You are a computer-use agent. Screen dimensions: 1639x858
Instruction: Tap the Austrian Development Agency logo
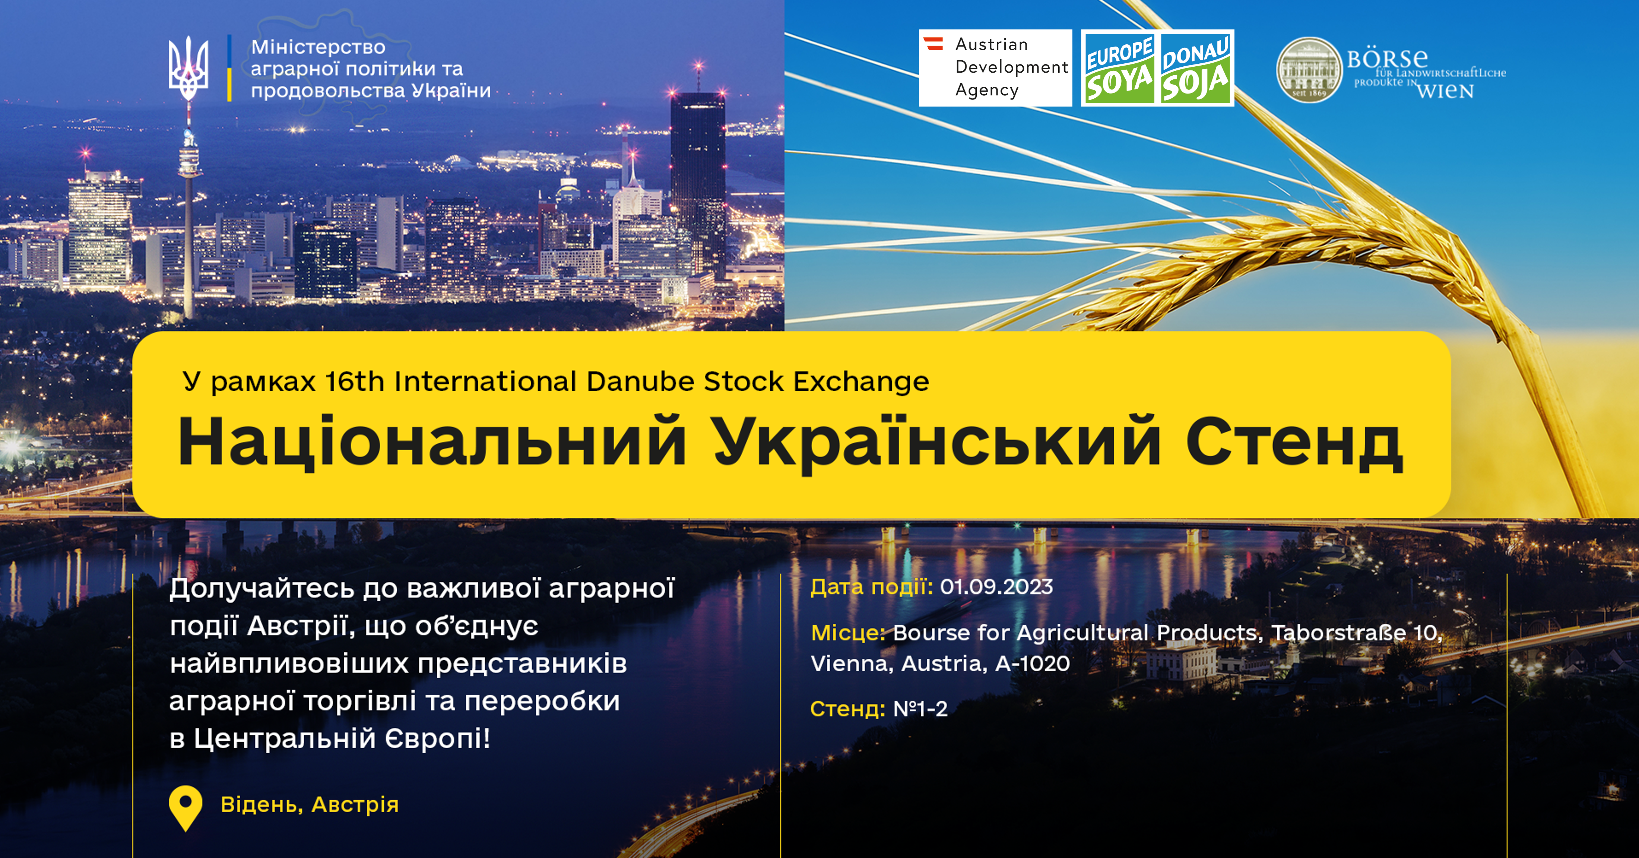995,67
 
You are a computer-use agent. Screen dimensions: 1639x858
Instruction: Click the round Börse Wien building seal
1309,69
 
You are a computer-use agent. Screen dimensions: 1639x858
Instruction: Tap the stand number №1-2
920,709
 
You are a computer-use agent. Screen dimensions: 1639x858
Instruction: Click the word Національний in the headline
432,442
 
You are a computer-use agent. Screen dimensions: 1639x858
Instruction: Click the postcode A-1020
1033,664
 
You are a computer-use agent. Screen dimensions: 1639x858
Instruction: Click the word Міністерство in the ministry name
318,47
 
